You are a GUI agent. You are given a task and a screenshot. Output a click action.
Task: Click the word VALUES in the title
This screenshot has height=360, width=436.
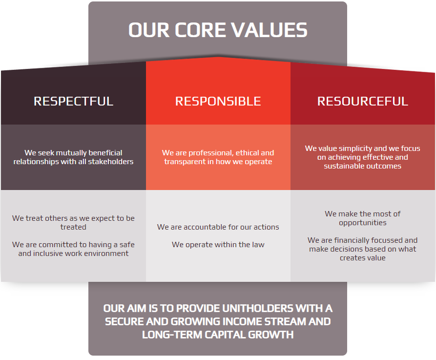pyautogui.click(x=269, y=30)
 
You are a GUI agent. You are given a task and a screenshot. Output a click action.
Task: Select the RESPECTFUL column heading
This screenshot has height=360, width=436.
pyautogui.click(x=73, y=101)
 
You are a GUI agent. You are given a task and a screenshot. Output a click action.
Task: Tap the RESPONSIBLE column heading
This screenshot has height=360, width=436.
pyautogui.click(x=218, y=101)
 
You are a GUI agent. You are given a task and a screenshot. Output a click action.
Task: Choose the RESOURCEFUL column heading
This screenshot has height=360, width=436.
pyautogui.click(x=363, y=101)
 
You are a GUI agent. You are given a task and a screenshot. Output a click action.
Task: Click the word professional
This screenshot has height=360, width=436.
pyautogui.click(x=211, y=153)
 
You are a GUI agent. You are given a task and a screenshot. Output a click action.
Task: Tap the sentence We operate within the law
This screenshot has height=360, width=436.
pyautogui.click(x=218, y=245)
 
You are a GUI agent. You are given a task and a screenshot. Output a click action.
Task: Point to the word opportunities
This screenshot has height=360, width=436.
pyautogui.click(x=363, y=223)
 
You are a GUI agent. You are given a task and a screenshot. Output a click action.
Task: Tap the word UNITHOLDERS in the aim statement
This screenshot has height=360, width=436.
pyautogui.click(x=258, y=309)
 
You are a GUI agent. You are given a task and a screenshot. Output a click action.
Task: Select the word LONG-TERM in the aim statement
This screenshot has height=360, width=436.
pyautogui.click(x=172, y=335)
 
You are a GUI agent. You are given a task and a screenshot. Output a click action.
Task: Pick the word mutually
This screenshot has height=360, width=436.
pyautogui.click(x=69, y=153)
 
